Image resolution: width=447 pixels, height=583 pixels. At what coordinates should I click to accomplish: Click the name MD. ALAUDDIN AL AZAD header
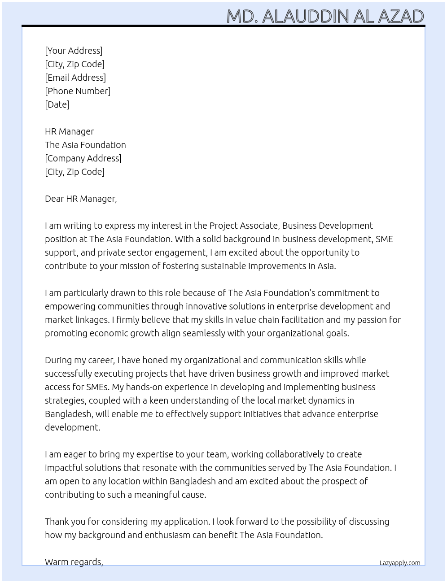tap(325, 16)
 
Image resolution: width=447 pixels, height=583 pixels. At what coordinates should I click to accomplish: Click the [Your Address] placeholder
tap(74, 51)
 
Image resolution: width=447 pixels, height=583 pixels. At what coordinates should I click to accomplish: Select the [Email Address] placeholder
tap(75, 78)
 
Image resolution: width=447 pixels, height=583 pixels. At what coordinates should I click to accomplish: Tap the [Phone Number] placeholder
tap(78, 91)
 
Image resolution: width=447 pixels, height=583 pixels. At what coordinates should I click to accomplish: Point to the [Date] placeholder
tap(57, 104)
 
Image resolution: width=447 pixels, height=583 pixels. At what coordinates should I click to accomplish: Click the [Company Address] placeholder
tap(83, 158)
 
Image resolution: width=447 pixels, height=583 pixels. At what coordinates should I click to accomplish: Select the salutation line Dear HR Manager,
tap(81, 199)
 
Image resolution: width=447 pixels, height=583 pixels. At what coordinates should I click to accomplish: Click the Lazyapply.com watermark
tap(399, 563)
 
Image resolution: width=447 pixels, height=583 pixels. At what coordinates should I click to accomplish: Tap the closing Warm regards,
tap(74, 562)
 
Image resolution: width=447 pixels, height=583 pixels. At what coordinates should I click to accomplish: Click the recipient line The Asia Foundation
tap(85, 145)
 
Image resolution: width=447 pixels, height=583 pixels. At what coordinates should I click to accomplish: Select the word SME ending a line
tap(384, 239)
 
